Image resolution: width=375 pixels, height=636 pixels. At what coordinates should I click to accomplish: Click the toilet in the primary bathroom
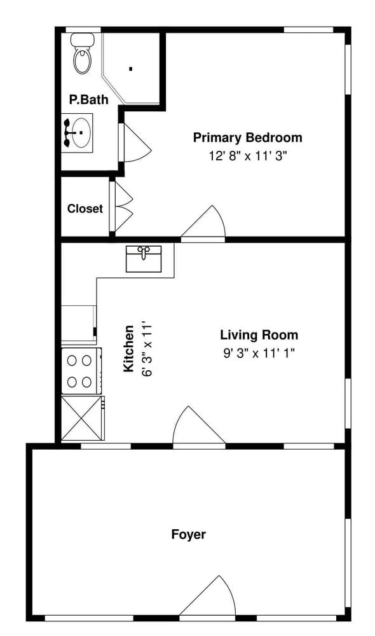[x=81, y=56]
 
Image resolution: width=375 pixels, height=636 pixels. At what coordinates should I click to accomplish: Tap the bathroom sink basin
[x=78, y=133]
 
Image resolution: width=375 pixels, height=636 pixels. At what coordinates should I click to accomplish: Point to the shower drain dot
[x=130, y=69]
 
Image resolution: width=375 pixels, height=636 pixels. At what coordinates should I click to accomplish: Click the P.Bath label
[x=88, y=100]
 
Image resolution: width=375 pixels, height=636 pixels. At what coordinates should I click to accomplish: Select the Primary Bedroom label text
[x=247, y=137]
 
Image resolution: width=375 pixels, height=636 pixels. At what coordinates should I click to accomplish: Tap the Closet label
[x=85, y=209]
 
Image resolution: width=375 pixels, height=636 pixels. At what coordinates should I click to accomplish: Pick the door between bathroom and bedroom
[x=135, y=143]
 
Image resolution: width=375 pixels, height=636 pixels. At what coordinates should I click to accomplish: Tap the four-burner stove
[x=81, y=371]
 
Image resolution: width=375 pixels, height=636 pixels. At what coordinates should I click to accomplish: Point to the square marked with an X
[x=82, y=418]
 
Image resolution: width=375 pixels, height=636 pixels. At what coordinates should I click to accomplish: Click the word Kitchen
[x=129, y=349]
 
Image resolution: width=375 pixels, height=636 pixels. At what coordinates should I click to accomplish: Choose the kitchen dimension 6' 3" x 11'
[x=147, y=349]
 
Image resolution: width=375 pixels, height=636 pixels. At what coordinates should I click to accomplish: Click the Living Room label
[x=259, y=335]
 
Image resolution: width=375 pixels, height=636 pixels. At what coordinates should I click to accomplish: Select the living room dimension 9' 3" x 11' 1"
[x=259, y=354]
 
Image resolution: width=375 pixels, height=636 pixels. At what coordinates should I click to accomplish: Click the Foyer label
[x=189, y=534]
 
